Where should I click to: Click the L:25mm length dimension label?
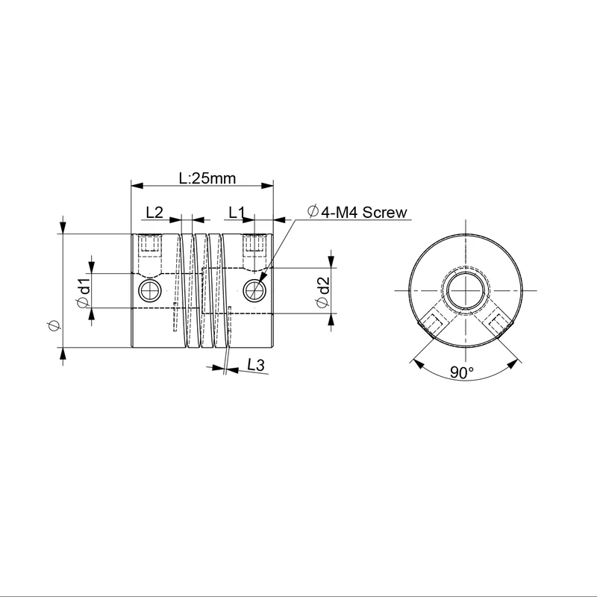tap(207, 178)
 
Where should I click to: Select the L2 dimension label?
tap(154, 213)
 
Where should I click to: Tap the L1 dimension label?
tap(237, 213)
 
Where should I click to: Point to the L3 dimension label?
tap(255, 365)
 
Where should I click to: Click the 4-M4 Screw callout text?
tap(364, 212)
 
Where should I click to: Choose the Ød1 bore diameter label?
tap(84, 293)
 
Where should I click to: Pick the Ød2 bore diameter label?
tap(322, 292)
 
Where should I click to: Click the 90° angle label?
tap(462, 372)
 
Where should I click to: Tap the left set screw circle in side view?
tap(148, 290)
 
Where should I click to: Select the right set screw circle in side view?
tap(253, 290)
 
